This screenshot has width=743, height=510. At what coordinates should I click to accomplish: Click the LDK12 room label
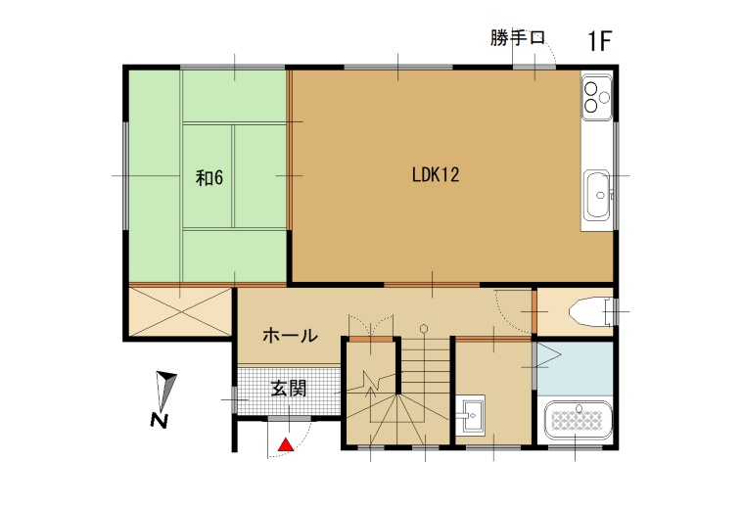436,175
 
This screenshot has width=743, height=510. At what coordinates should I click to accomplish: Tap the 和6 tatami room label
209,178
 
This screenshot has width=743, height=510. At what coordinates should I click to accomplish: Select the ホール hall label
290,336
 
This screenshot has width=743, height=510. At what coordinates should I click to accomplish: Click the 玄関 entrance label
289,389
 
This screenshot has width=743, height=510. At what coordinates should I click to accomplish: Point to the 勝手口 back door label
518,38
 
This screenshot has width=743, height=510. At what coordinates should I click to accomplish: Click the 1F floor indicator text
600,41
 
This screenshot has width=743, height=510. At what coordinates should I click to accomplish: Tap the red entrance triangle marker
286,444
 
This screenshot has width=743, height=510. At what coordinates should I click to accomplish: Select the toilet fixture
591,311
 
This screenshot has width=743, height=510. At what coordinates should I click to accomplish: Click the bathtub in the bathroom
579,420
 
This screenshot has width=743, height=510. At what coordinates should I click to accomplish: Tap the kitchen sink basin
596,195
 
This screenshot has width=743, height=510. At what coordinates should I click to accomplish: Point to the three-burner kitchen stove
596,98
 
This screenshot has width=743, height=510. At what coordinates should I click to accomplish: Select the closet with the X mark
180,311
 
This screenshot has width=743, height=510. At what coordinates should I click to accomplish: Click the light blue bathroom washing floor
576,368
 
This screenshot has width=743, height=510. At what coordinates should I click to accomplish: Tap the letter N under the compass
160,421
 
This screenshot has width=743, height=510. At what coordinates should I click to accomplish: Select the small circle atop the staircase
424,328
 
